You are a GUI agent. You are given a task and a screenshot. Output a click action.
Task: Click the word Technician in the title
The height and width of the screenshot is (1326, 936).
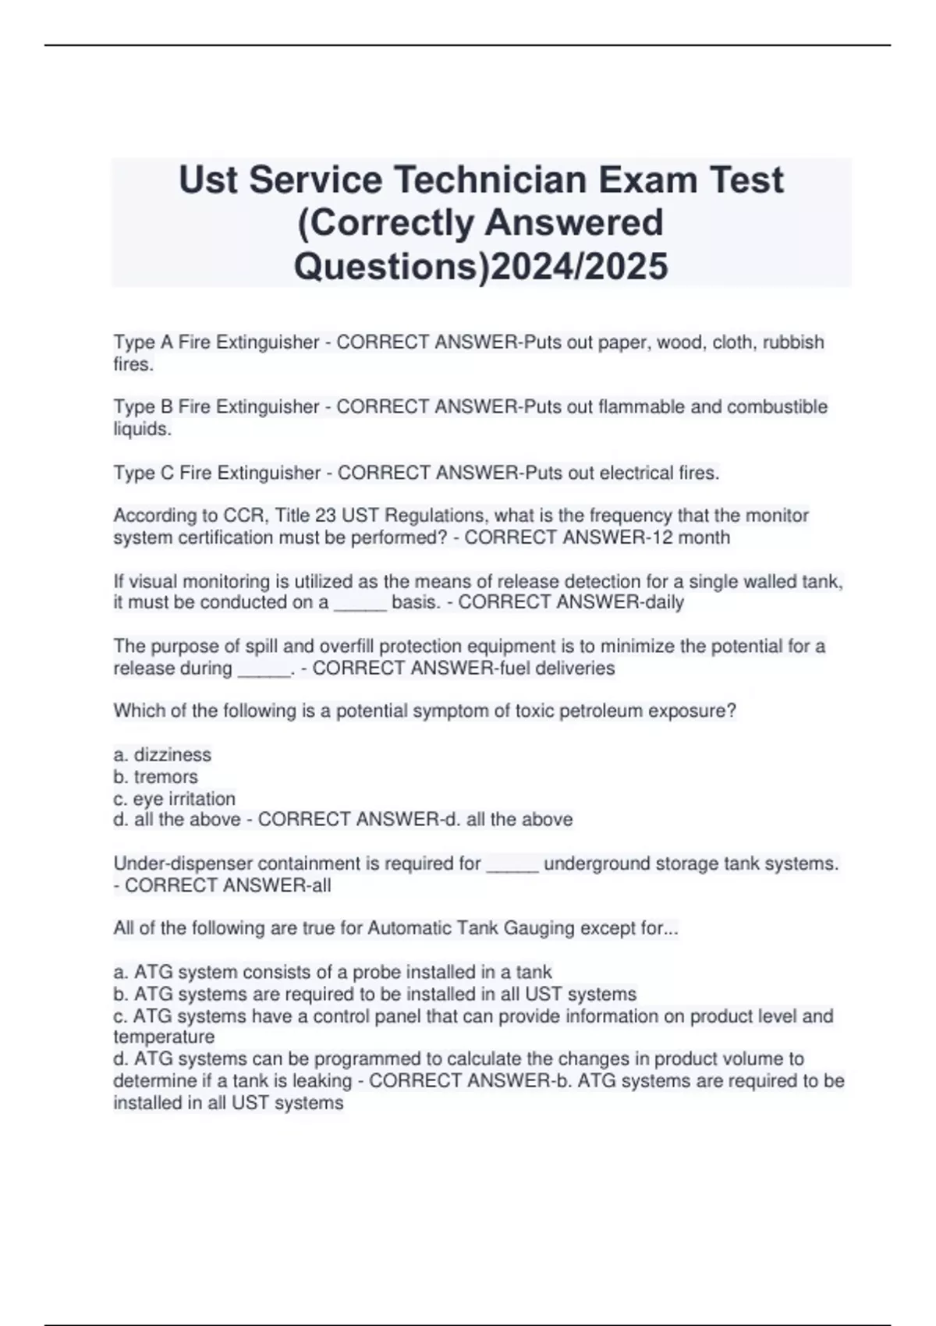[x=487, y=180]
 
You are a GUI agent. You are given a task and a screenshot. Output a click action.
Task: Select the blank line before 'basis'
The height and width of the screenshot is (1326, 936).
[x=360, y=604]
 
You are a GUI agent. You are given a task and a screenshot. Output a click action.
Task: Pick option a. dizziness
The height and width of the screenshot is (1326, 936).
[x=162, y=755]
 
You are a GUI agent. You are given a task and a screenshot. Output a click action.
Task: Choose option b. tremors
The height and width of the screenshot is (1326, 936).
[x=156, y=777]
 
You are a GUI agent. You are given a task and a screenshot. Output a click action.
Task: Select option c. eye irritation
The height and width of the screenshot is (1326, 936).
[x=174, y=799]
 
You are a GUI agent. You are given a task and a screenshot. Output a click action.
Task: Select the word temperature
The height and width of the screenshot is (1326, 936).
[x=164, y=1037]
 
